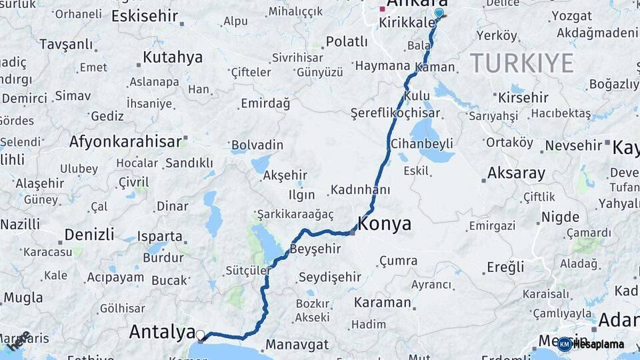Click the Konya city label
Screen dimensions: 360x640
[385, 224]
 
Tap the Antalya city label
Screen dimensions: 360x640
[161, 331]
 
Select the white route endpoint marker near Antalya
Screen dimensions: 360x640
[200, 335]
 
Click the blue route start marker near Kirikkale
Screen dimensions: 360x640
[439, 13]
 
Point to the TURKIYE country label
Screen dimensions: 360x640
[521, 63]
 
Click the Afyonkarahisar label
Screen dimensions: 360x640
[125, 141]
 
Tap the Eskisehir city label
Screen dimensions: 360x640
[145, 15]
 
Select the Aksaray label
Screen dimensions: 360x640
[516, 173]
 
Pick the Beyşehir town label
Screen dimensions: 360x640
[315, 249]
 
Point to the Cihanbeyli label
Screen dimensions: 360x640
[431, 143]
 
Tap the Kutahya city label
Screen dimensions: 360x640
[173, 57]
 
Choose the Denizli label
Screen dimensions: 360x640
[89, 235]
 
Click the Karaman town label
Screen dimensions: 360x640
[382, 302]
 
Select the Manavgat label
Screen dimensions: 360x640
[297, 345]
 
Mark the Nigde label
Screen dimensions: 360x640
[560, 217]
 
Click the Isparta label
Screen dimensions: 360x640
[160, 236]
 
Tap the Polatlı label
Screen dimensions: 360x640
[347, 41]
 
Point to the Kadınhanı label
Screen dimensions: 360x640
[360, 189]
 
